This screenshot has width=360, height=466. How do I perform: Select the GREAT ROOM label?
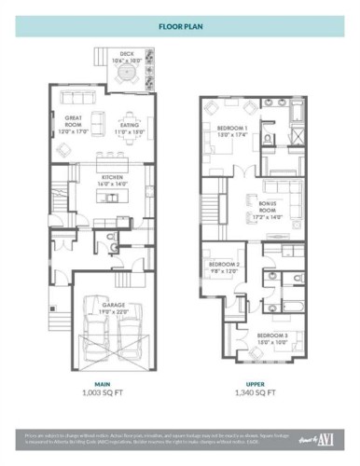pos(64,122)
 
